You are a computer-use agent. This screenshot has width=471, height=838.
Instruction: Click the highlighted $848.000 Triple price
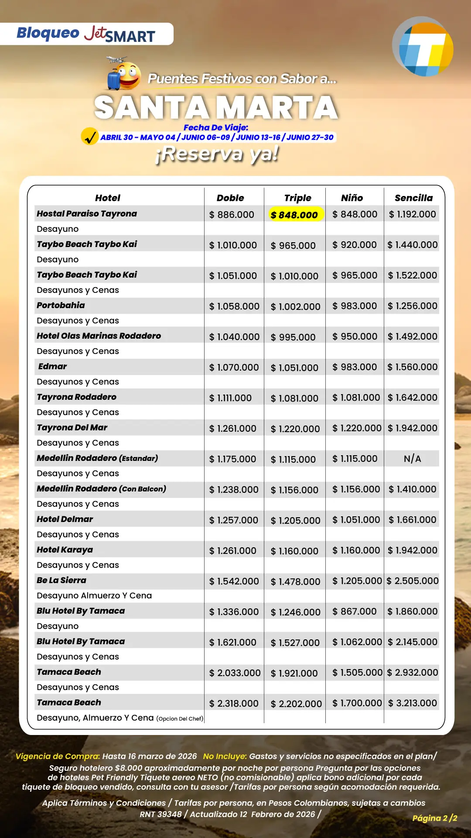coord(295,214)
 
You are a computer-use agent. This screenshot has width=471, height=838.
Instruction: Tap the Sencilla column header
coord(413,198)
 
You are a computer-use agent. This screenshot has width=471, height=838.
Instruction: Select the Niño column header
coord(352,198)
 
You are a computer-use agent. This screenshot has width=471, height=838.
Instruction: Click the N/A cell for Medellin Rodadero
coord(412,459)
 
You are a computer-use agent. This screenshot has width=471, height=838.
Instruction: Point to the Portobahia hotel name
coord(61,305)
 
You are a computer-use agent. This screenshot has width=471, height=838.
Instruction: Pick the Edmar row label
coord(52,366)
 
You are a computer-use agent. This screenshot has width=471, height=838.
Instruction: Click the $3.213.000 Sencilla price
coord(413,703)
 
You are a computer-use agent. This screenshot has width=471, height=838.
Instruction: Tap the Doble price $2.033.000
coord(235,673)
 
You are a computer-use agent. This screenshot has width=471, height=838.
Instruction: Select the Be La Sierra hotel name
coord(61,580)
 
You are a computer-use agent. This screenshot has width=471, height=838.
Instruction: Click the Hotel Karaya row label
coord(65,550)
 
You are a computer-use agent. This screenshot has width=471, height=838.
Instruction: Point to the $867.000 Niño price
coord(354,611)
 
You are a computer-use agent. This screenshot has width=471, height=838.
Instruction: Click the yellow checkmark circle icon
coord(90,136)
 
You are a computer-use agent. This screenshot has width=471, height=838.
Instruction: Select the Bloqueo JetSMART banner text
coord(86,34)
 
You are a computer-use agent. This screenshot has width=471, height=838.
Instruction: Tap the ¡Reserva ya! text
coord(217,154)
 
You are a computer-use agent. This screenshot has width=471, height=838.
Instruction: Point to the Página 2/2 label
coord(434,818)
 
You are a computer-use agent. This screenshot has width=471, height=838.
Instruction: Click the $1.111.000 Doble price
coord(230,398)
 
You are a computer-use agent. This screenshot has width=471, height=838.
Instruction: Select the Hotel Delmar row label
coord(65,519)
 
